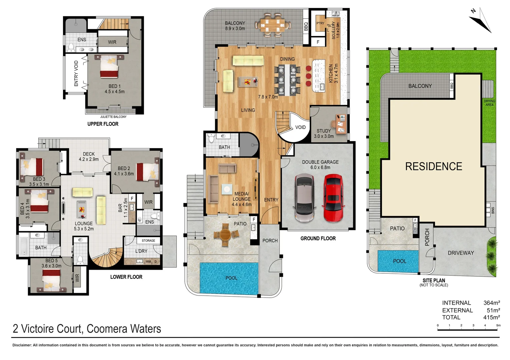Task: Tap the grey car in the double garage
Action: point(305,199)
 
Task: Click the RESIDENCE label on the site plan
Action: point(433,166)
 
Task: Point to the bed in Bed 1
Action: point(109,67)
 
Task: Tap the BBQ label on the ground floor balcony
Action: point(306,27)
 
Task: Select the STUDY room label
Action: point(324,131)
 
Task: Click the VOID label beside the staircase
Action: point(300,127)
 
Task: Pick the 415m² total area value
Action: point(491,317)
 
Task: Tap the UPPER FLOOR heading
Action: point(103,124)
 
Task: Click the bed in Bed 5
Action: point(51,279)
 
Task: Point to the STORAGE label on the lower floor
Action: point(148,240)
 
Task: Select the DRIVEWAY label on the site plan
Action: point(461,253)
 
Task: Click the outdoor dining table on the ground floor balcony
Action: point(273,24)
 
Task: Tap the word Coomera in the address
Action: point(107,329)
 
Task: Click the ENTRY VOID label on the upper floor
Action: point(76,73)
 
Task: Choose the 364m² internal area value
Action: point(491,303)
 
